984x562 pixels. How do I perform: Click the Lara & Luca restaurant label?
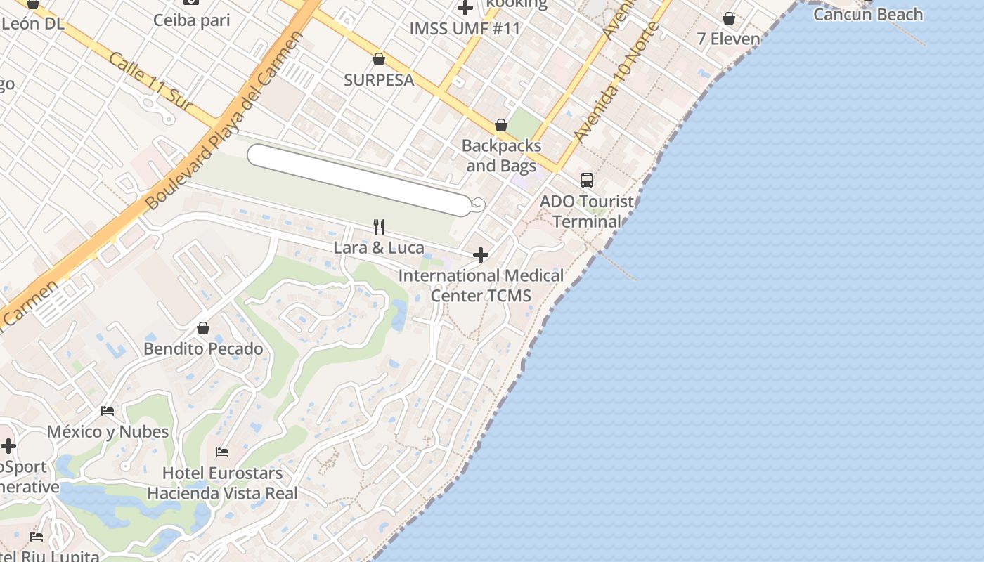(378, 247)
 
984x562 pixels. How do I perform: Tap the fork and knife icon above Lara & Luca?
(379, 226)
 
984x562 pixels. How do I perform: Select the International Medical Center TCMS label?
(481, 285)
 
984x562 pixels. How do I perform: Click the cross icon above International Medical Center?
(481, 254)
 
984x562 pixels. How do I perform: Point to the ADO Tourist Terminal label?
(586, 211)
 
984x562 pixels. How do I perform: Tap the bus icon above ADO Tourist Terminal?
(587, 181)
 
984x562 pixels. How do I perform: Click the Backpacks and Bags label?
(501, 156)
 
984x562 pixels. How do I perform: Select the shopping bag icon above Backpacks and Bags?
(501, 126)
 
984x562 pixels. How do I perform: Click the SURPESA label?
(379, 80)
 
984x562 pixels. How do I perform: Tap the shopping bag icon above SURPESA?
(379, 59)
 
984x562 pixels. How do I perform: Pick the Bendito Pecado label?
(203, 348)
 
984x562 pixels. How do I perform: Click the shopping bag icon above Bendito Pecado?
(203, 328)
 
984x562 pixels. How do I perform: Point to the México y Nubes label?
(108, 431)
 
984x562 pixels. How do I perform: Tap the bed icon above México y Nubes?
(108, 410)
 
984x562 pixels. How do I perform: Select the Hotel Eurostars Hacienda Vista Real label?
(222, 483)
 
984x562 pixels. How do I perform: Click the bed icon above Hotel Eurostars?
(222, 452)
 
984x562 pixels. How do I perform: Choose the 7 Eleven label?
(728, 39)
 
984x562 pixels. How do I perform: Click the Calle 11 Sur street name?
(150, 81)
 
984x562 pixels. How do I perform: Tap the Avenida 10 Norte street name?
(616, 81)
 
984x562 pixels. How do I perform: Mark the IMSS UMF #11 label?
(465, 29)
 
